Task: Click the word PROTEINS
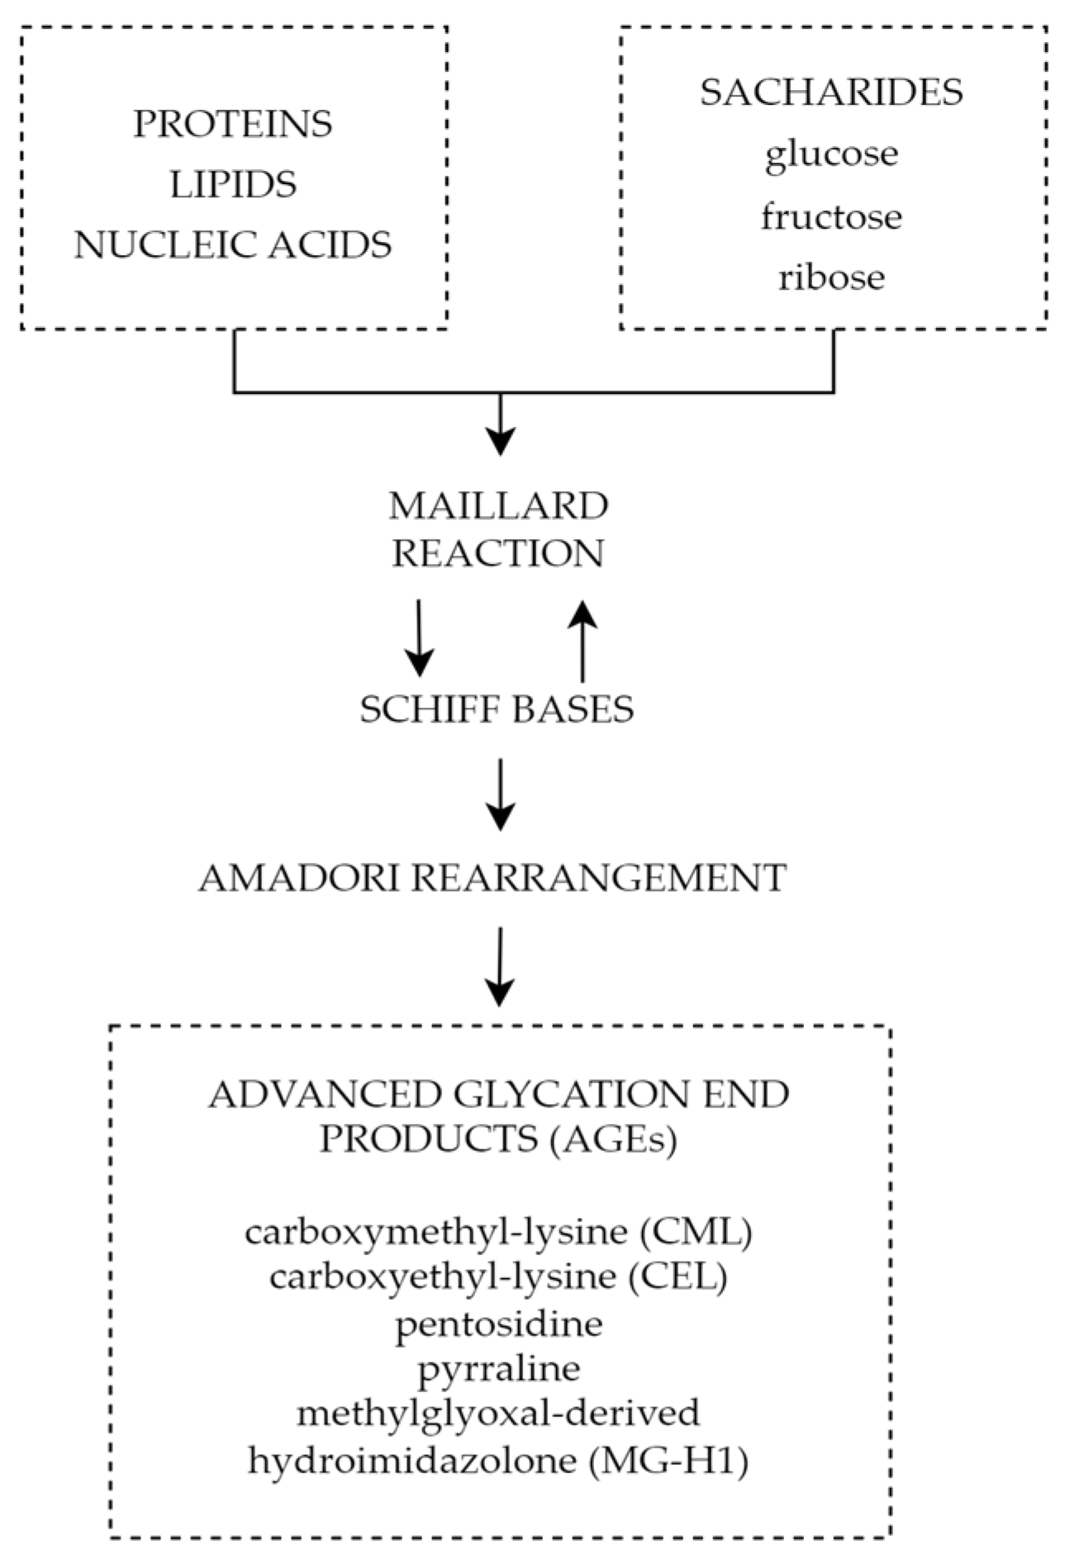click(233, 124)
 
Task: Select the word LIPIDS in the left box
click(233, 184)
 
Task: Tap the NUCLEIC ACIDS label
click(233, 245)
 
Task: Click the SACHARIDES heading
click(831, 92)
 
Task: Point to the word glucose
click(831, 154)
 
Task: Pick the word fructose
click(831, 216)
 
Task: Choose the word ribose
click(831, 277)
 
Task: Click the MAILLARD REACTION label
click(498, 529)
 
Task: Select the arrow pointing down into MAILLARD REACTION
click(500, 424)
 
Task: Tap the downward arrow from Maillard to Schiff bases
click(419, 637)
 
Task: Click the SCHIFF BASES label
click(497, 709)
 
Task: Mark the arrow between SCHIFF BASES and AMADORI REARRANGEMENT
click(500, 793)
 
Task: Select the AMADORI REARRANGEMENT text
click(492, 878)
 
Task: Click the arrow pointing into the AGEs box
click(500, 965)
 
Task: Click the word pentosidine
click(499, 1324)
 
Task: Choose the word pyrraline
click(499, 1368)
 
